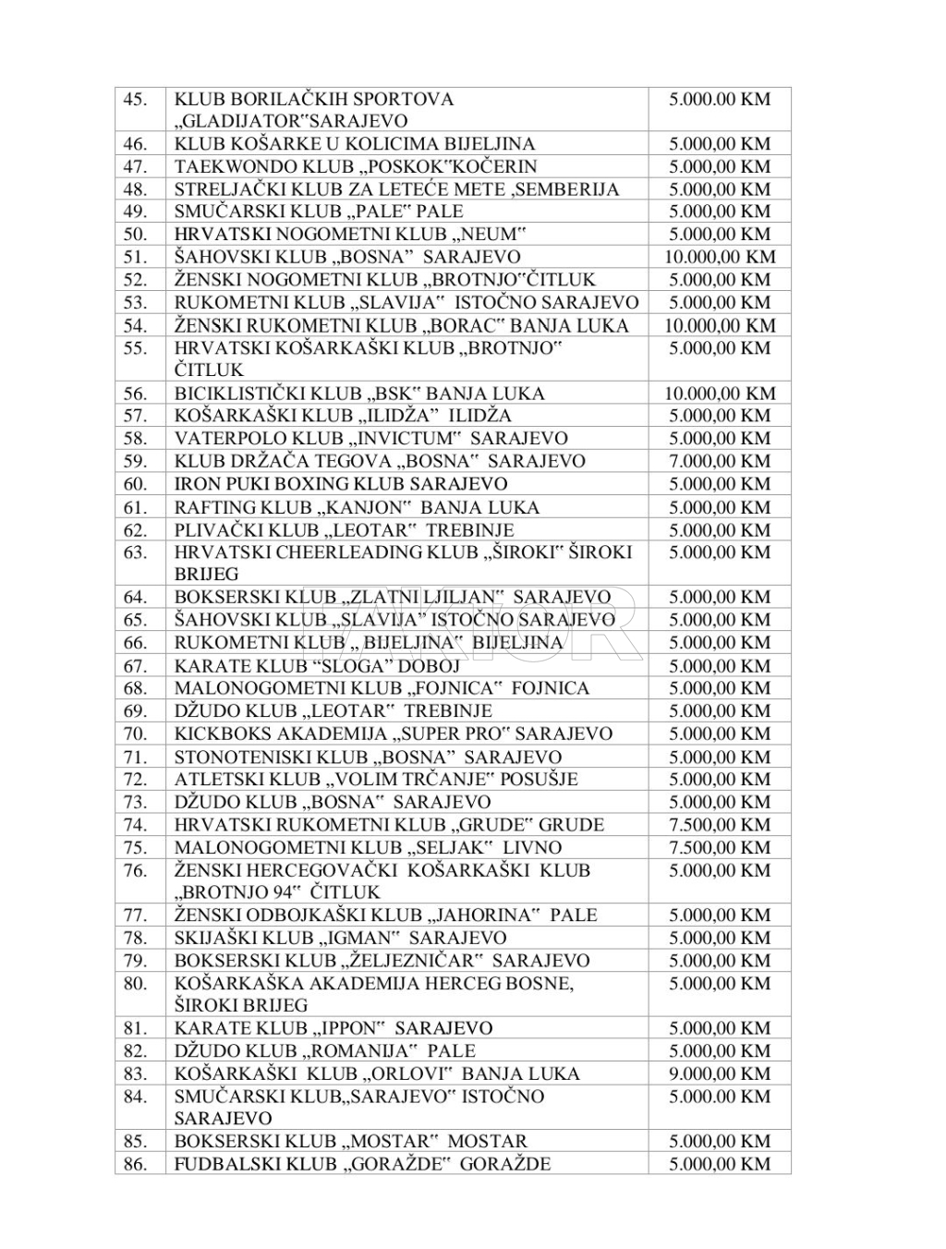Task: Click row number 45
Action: pos(135,99)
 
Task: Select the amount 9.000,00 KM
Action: pos(720,1073)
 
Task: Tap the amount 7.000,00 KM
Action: pos(720,461)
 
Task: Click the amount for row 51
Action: pos(720,257)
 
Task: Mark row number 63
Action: pos(135,552)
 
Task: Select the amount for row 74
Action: pos(720,825)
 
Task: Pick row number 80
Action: pos(135,983)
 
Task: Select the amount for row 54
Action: pos(720,325)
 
